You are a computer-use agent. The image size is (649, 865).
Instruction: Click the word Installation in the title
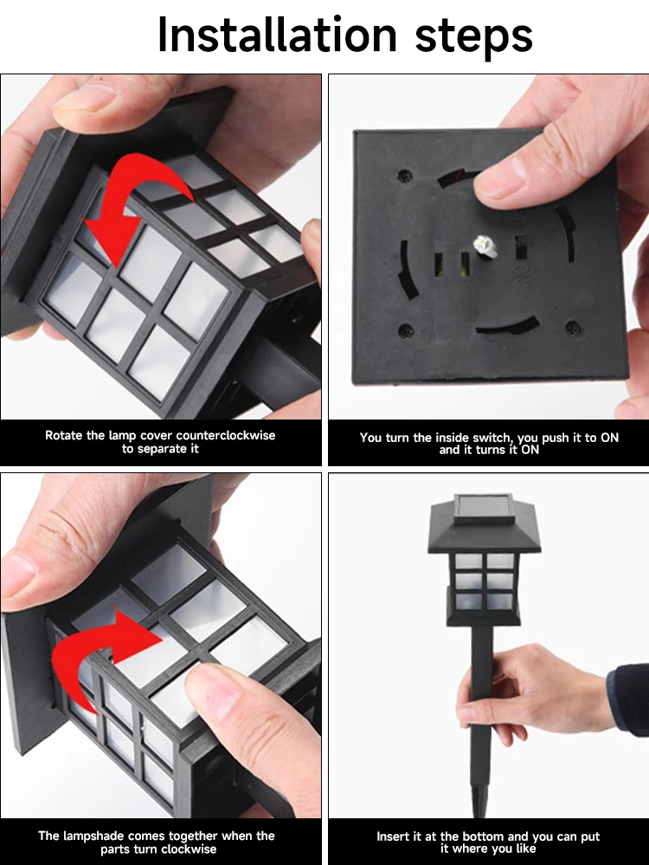point(277,35)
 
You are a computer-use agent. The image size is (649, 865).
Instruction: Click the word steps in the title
point(473,37)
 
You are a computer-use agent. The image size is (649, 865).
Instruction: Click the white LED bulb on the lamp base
point(485,246)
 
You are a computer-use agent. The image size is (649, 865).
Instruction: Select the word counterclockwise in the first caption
point(225,435)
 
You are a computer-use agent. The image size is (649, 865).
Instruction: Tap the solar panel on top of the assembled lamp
point(484,507)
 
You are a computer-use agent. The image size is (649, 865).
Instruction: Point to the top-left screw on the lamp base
point(405,176)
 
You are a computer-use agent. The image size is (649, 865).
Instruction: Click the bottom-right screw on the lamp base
point(573,328)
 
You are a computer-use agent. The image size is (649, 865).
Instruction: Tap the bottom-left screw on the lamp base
point(406,331)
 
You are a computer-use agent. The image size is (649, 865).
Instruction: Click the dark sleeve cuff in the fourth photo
point(628,700)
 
